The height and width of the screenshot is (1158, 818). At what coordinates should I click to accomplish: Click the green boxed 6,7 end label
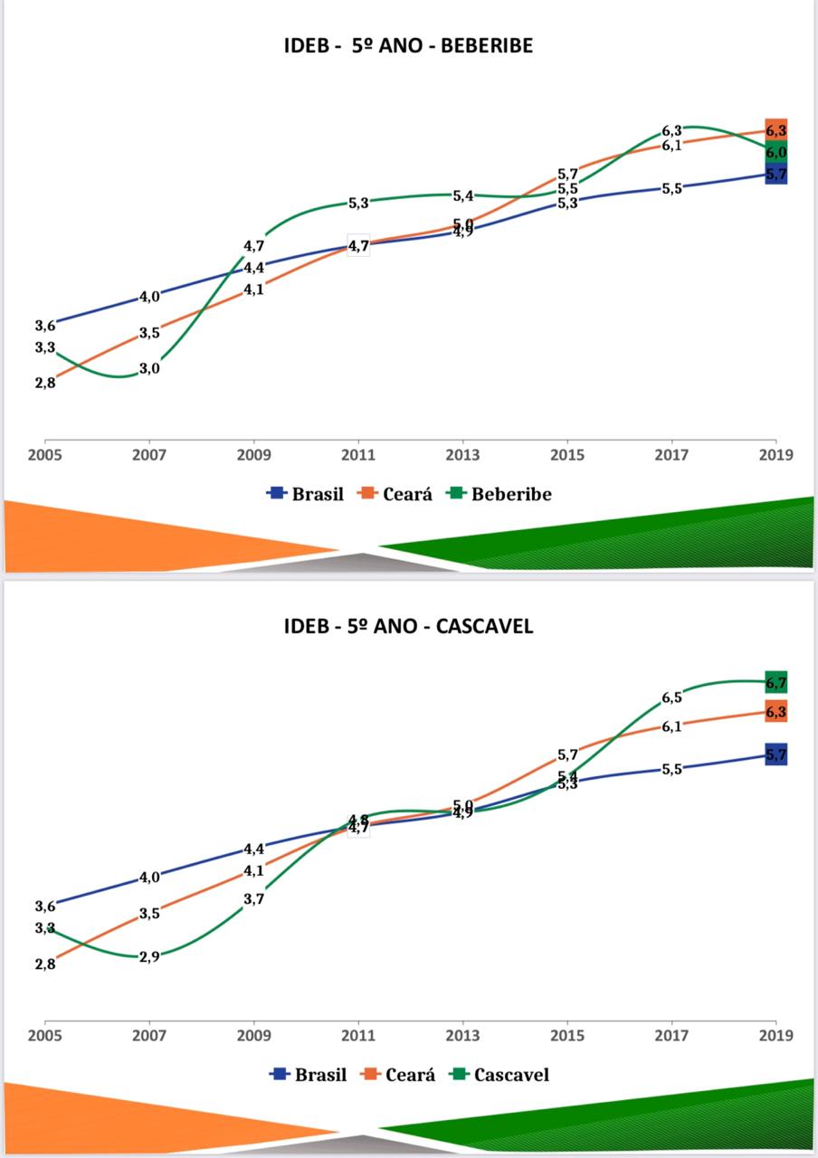pos(775,683)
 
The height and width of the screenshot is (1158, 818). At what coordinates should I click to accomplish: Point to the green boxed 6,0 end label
pos(775,153)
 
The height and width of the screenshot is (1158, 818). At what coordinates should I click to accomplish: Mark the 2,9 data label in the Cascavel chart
pos(149,956)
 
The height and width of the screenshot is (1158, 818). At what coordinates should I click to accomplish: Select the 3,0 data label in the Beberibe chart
pos(149,368)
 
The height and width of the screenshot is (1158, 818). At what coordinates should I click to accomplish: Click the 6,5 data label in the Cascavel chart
pos(671,698)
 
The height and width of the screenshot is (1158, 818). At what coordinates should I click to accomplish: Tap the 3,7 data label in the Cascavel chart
pos(253,899)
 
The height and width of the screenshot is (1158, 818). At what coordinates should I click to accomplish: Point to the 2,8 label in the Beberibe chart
pos(45,383)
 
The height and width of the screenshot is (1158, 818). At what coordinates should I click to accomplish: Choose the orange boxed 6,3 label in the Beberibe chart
pos(775,131)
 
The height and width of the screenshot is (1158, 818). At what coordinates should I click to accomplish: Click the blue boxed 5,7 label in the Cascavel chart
pos(775,755)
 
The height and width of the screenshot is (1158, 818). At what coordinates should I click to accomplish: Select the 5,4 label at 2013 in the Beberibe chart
pos(462,195)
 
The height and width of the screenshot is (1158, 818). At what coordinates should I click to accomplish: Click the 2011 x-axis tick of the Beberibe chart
pos(358,454)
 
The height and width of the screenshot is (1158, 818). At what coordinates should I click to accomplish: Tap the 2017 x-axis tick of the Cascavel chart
pos(671,1035)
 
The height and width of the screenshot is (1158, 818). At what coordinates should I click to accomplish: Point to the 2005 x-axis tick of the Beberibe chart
pos(45,454)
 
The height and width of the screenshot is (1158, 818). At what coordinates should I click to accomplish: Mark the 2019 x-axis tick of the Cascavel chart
pos(775,1035)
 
